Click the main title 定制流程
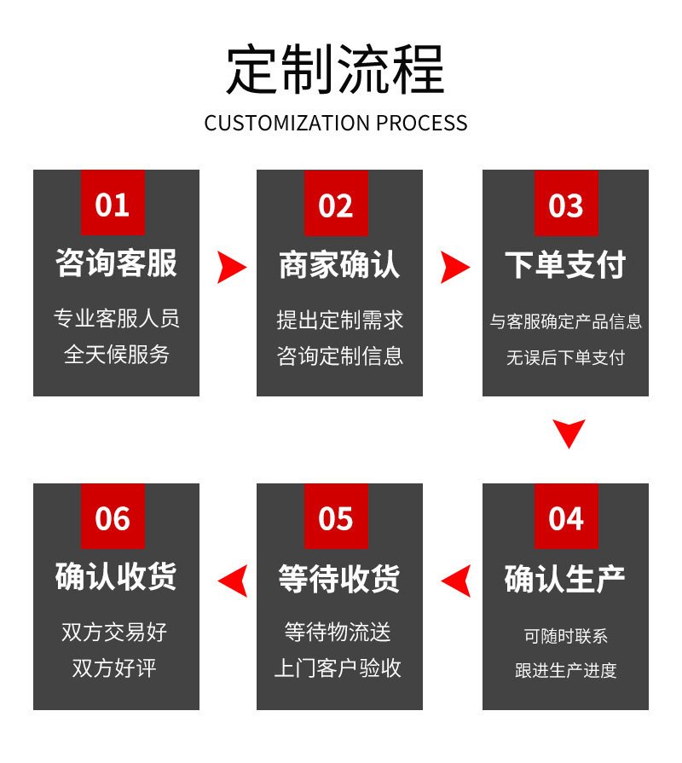[x=335, y=69]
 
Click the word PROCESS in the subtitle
[x=422, y=123]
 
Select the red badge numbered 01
[x=113, y=202]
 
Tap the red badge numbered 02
[x=336, y=202]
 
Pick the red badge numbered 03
[x=566, y=202]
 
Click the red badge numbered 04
[x=566, y=516]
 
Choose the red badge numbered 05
[x=336, y=516]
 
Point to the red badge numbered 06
[x=113, y=516]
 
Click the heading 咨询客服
[x=116, y=263]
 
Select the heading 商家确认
[x=339, y=264]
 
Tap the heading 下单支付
[x=565, y=264]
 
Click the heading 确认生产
[x=564, y=579]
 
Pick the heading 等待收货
[x=339, y=579]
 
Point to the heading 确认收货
[x=116, y=576]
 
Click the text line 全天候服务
[x=116, y=355]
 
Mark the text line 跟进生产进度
[x=566, y=671]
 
